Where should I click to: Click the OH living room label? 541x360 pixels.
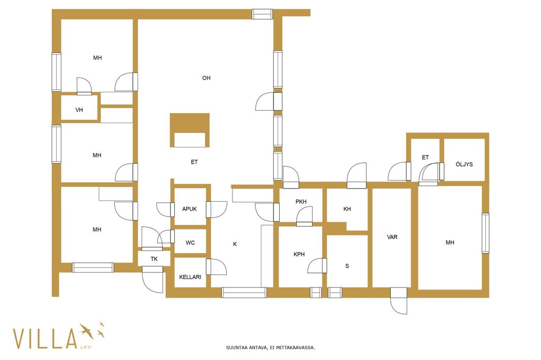point(207,78)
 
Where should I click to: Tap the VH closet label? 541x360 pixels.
point(79,110)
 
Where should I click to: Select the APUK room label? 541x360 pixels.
point(189,209)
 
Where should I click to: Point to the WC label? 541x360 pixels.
point(190,243)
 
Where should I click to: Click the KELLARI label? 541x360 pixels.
point(190,277)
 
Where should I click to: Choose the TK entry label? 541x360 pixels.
point(154,259)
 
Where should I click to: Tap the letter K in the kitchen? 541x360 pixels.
point(235,244)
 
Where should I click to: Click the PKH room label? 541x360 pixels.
point(301,202)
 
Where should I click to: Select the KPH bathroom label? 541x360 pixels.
point(299,255)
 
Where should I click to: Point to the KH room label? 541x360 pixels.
point(347,209)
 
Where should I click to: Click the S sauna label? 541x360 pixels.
point(347,266)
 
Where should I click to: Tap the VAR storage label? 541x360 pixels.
point(392,237)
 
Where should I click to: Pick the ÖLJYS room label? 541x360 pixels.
point(464,164)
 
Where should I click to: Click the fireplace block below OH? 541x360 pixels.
point(190,130)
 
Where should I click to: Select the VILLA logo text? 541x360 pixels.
point(45,338)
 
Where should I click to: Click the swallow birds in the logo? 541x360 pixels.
point(92,330)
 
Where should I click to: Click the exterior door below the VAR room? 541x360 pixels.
point(398,300)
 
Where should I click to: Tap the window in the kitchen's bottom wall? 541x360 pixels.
point(244,293)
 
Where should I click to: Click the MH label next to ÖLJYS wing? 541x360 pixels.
point(450,243)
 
